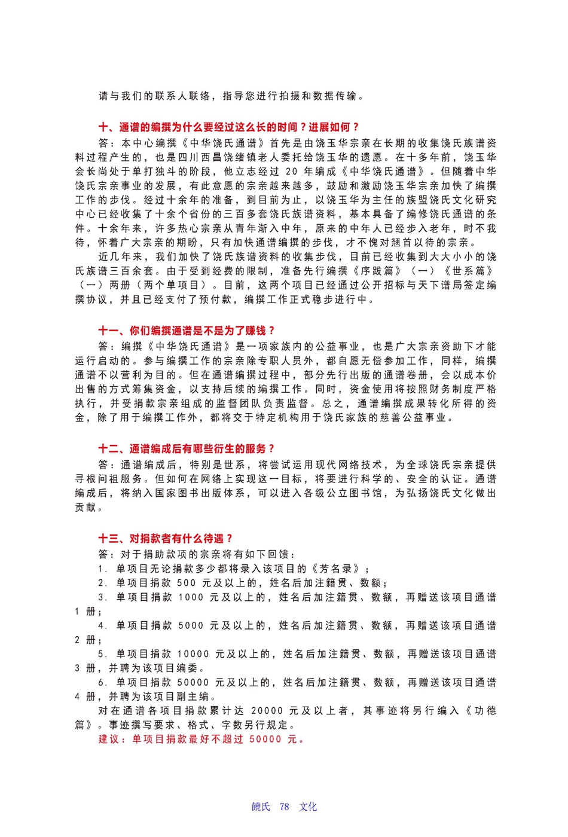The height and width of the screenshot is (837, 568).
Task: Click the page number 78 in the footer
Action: [284, 807]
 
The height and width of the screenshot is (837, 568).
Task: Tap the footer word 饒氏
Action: [261, 807]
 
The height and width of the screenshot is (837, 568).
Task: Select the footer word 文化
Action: [308, 807]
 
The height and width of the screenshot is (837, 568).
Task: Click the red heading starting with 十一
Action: [187, 331]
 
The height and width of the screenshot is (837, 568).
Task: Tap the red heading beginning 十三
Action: [166, 539]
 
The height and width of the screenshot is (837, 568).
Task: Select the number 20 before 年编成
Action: [292, 172]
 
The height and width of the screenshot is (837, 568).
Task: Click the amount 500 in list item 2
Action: [187, 583]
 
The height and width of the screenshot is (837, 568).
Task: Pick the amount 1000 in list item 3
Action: [191, 597]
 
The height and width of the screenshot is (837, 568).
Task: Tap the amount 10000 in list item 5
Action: [193, 654]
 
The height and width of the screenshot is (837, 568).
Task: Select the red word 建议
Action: [109, 740]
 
